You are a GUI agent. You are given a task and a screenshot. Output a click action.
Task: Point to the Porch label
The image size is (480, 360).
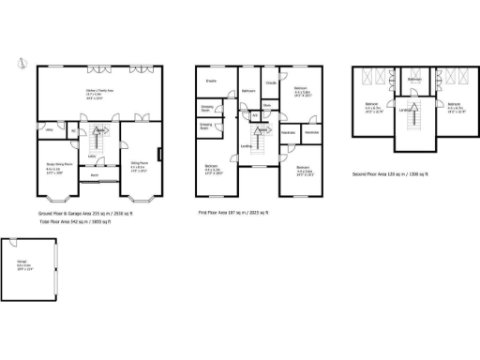tap(95, 175)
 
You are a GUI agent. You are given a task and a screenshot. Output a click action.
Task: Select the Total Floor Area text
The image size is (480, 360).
tap(67, 221)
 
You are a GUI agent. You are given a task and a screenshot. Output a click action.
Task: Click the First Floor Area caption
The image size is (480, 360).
tap(232, 214)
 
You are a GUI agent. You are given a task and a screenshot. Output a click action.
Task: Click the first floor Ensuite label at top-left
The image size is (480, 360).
tap(212, 80)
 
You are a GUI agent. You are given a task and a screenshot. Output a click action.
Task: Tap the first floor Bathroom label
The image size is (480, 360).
tap(248, 90)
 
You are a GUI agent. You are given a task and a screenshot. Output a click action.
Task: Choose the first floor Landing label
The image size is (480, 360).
tap(245, 145)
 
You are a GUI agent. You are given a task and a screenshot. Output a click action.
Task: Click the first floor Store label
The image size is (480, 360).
tap(267, 106)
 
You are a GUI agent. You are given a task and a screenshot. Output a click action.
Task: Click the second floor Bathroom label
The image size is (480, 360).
tap(414, 81)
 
